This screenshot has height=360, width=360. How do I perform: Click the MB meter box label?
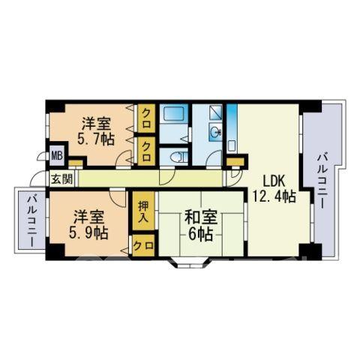pyautogui.click(x=58, y=156)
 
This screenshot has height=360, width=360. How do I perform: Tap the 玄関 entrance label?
pyautogui.click(x=62, y=179)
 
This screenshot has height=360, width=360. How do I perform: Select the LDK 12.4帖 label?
pyautogui.click(x=274, y=188)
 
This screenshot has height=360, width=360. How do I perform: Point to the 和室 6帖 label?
pyautogui.click(x=201, y=225)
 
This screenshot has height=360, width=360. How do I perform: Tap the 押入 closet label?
pyautogui.click(x=144, y=211)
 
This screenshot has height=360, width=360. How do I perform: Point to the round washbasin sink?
pyautogui.click(x=215, y=131)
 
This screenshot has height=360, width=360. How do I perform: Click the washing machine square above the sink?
pyautogui.click(x=215, y=112)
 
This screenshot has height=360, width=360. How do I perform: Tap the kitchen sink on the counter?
pyautogui.click(x=232, y=145)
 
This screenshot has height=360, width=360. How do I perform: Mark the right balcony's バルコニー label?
pyautogui.click(x=322, y=181)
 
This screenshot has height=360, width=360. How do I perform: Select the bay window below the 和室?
pyautogui.click(x=190, y=262)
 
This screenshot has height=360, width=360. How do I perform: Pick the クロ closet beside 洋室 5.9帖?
pyautogui.click(x=143, y=246)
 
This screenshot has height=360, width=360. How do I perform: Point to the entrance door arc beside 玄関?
pyautogui.click(x=37, y=177)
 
